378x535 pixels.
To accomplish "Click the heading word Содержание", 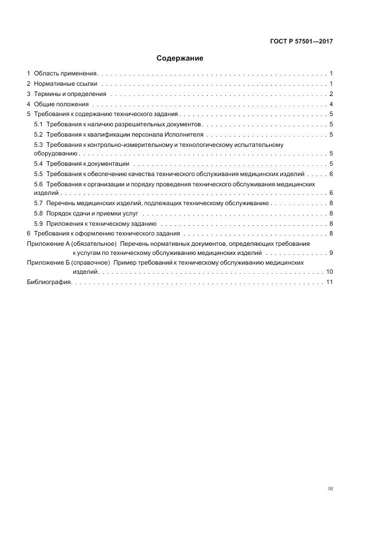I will [x=180, y=58].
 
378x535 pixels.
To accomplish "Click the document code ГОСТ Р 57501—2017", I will [x=301, y=42].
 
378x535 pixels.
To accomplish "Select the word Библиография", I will [x=49, y=282].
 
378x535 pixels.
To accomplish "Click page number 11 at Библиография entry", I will [x=329, y=282].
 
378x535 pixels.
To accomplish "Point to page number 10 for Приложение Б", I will [x=329, y=272].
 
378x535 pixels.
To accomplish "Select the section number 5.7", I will [x=39, y=203].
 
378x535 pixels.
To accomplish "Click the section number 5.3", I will [x=39, y=145].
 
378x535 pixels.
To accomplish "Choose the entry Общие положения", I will [x=61, y=104].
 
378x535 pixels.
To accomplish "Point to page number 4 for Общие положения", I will [x=331, y=104].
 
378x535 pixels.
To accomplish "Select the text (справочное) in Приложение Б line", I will [x=91, y=262].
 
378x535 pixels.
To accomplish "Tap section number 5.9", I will [x=39, y=223].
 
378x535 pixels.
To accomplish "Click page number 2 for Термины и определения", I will [x=331, y=94].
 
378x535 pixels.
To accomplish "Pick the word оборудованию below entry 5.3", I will [x=51, y=154].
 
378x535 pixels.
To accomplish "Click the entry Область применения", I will [x=66, y=74].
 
